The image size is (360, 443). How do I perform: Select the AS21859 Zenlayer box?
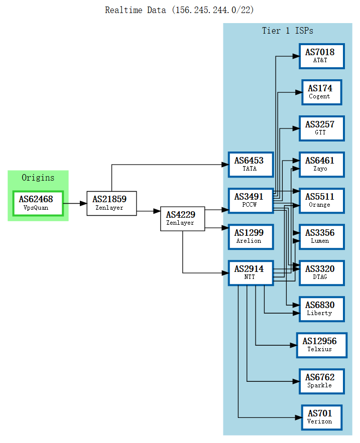click(111, 203)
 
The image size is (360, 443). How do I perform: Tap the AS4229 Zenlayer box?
click(182, 219)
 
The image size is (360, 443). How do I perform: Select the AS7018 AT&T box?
click(321, 56)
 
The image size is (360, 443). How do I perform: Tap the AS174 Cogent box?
click(321, 92)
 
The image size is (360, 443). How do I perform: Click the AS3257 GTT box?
click(321, 128)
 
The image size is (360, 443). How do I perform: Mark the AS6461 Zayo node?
click(321, 165)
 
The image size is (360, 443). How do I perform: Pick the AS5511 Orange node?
click(321, 201)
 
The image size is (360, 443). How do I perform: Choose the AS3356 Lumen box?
click(321, 237)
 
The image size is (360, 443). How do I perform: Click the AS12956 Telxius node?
click(321, 345)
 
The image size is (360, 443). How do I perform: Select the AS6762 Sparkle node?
click(321, 381)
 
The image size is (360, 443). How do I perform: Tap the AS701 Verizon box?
click(321, 417)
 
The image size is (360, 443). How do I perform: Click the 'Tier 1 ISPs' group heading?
click(287, 31)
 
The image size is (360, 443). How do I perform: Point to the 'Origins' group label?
click(38, 178)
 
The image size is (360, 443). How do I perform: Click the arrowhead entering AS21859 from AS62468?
click(83, 203)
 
